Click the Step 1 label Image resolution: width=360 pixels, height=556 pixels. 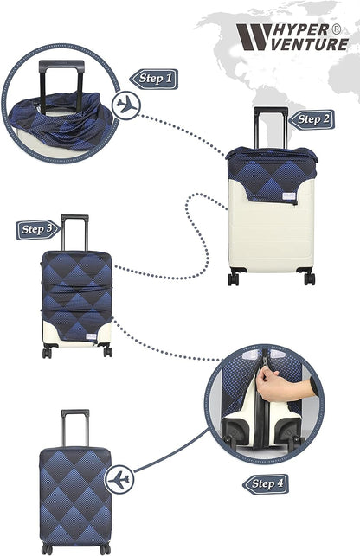(155, 79)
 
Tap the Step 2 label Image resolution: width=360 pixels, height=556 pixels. (312, 119)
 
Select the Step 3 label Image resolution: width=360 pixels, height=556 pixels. (38, 230)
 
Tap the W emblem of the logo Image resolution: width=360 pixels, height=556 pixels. (252, 37)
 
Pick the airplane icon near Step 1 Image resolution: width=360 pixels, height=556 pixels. (126, 105)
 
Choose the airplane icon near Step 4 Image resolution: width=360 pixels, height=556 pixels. (120, 479)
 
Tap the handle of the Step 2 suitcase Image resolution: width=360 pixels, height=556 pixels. (270, 125)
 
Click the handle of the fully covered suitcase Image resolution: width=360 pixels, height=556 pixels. (74, 427)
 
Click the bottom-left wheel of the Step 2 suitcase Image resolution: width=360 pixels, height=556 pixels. (234, 278)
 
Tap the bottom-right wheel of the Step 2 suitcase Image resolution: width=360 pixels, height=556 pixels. (309, 278)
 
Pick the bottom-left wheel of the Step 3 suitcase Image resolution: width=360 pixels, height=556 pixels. (48, 351)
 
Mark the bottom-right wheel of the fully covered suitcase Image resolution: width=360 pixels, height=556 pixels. (105, 549)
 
